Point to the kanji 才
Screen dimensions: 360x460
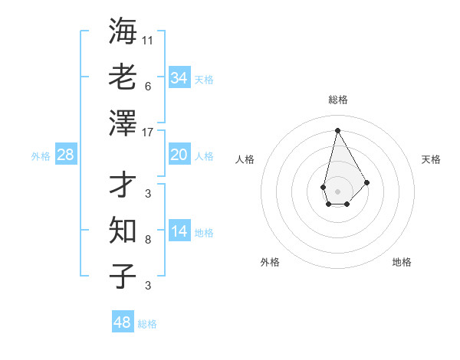pos(123,184)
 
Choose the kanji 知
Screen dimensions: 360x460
pos(123,229)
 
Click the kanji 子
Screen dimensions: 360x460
pos(123,275)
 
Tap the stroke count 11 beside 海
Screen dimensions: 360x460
pos(148,40)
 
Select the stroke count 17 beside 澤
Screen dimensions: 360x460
pos(148,132)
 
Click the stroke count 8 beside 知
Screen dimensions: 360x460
pos(148,240)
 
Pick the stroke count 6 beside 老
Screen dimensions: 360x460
pos(148,86)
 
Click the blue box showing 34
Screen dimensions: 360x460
pos(179,78)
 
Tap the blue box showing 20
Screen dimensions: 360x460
pos(179,155)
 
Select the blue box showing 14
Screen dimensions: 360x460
pos(179,231)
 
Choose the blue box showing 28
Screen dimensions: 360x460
pos(65,155)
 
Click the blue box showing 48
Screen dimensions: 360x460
pos(122,322)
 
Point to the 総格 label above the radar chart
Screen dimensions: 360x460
pos(338,100)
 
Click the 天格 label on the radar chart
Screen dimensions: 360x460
pos(431,159)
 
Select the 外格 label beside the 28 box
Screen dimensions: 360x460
pos(41,156)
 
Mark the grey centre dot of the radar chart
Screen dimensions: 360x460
pos(337,191)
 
